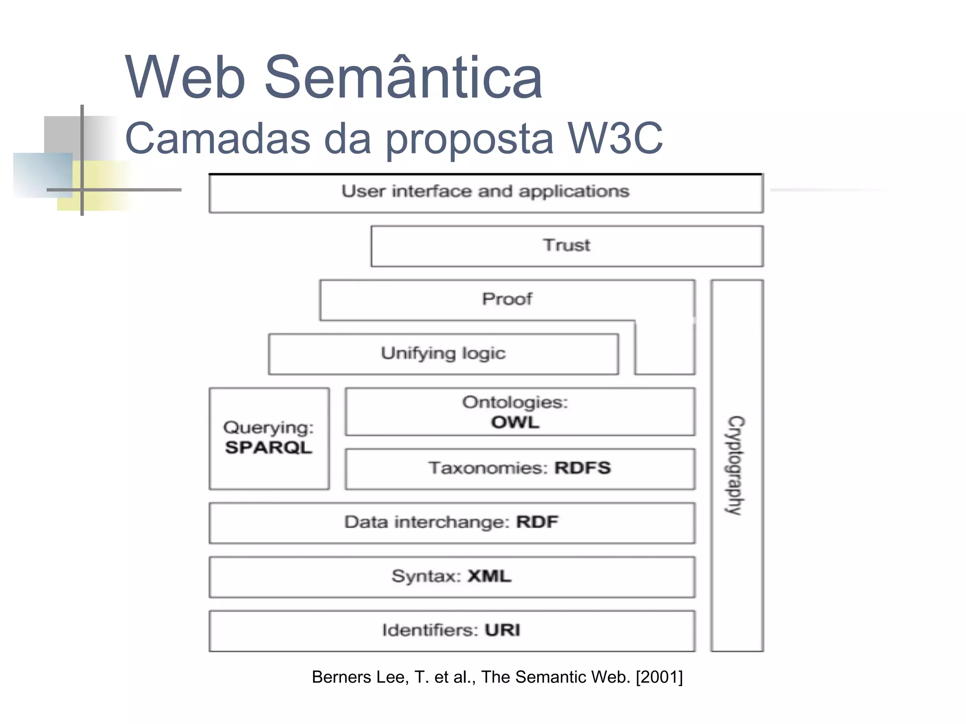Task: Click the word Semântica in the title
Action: coord(403,78)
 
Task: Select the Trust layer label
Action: coord(566,245)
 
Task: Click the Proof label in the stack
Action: coord(507,299)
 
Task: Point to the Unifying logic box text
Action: coord(443,353)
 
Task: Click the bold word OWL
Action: coord(515,422)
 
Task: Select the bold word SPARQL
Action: coord(268,448)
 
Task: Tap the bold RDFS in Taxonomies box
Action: coord(583,468)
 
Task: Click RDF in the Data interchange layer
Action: coord(537,522)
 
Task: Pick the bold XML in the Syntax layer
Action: coord(489,576)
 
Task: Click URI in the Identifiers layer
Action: coord(502,630)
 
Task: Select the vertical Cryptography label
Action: coord(735,465)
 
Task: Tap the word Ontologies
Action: coord(515,402)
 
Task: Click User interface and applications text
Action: coord(485,191)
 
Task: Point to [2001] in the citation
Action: coord(659,677)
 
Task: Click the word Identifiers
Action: coord(430,630)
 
